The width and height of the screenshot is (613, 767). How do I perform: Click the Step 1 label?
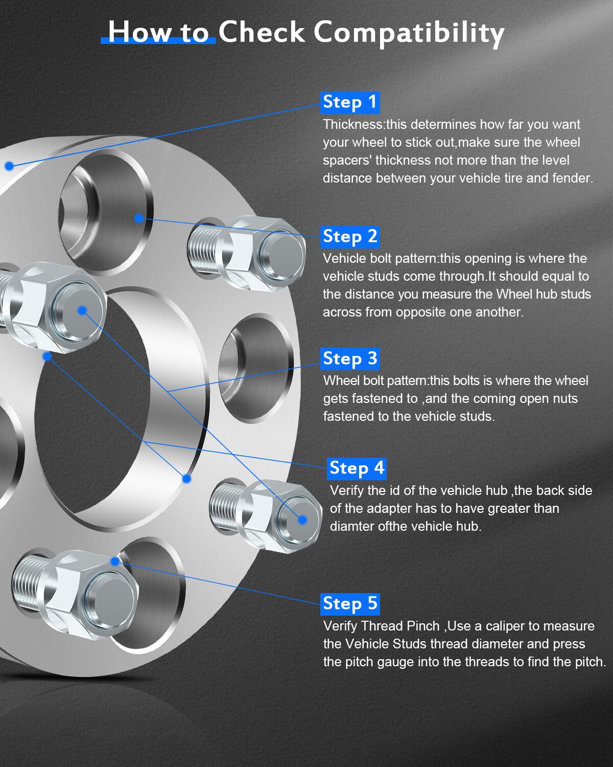click(350, 102)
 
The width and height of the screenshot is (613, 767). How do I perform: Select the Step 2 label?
click(350, 237)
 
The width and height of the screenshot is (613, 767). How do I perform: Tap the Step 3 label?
click(350, 358)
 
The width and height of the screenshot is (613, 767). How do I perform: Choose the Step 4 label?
click(357, 468)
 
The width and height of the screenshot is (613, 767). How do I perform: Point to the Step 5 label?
click(350, 603)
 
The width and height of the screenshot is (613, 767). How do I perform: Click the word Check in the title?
click(262, 32)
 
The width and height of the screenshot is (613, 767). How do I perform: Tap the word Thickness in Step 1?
click(353, 125)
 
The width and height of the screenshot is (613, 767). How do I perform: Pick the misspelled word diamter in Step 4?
click(352, 527)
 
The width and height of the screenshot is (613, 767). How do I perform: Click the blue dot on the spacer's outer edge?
click(9, 166)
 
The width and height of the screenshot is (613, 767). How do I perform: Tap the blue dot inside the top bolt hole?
click(138, 218)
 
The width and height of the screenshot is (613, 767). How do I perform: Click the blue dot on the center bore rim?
click(186, 479)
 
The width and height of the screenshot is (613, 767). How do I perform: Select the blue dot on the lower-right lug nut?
click(302, 520)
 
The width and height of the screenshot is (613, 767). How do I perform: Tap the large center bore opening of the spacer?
click(97, 409)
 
